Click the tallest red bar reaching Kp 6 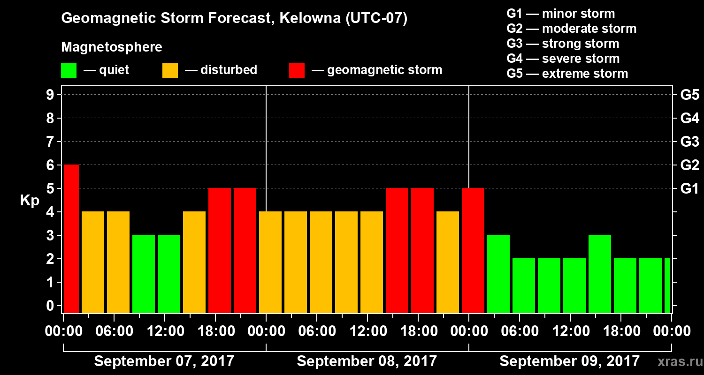point(71,239)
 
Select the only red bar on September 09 point(473,250)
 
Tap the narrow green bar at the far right point(667,285)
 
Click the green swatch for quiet point(69,71)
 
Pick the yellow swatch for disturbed point(170,71)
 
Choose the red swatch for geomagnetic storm point(297,71)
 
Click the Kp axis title point(30,201)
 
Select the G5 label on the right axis point(689,95)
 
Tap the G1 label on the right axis point(689,189)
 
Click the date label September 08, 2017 point(367,361)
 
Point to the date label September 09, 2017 point(569,361)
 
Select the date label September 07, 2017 point(164,361)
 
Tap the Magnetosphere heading point(112,47)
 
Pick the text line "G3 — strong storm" point(563,44)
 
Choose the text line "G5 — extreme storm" point(567,74)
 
